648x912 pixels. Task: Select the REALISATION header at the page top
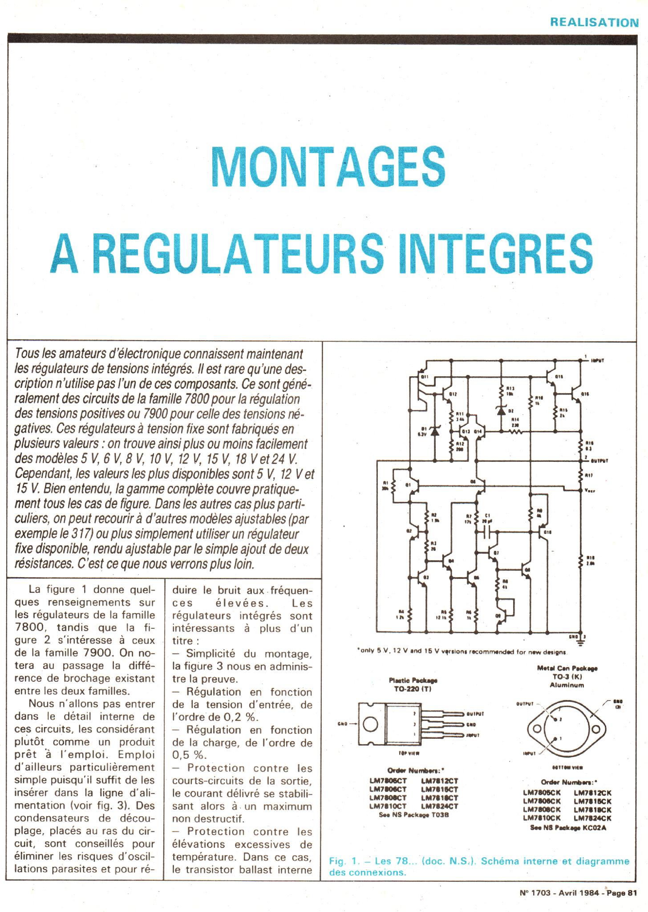point(594,22)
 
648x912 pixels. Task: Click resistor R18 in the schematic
point(581,563)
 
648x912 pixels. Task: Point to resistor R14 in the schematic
point(517,431)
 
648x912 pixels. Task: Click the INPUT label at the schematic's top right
point(597,361)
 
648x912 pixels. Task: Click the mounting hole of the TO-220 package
point(370,724)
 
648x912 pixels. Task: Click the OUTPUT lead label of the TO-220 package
point(476,713)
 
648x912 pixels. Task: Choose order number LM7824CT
point(439,806)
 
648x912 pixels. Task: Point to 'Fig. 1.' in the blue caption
point(343,861)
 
